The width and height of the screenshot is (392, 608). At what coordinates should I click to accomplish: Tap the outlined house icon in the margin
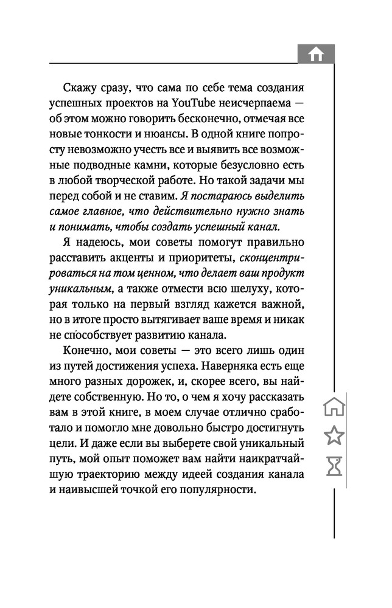point(334,406)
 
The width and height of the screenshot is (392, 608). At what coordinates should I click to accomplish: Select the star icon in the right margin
point(334,436)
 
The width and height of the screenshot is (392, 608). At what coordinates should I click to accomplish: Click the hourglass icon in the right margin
point(334,466)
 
